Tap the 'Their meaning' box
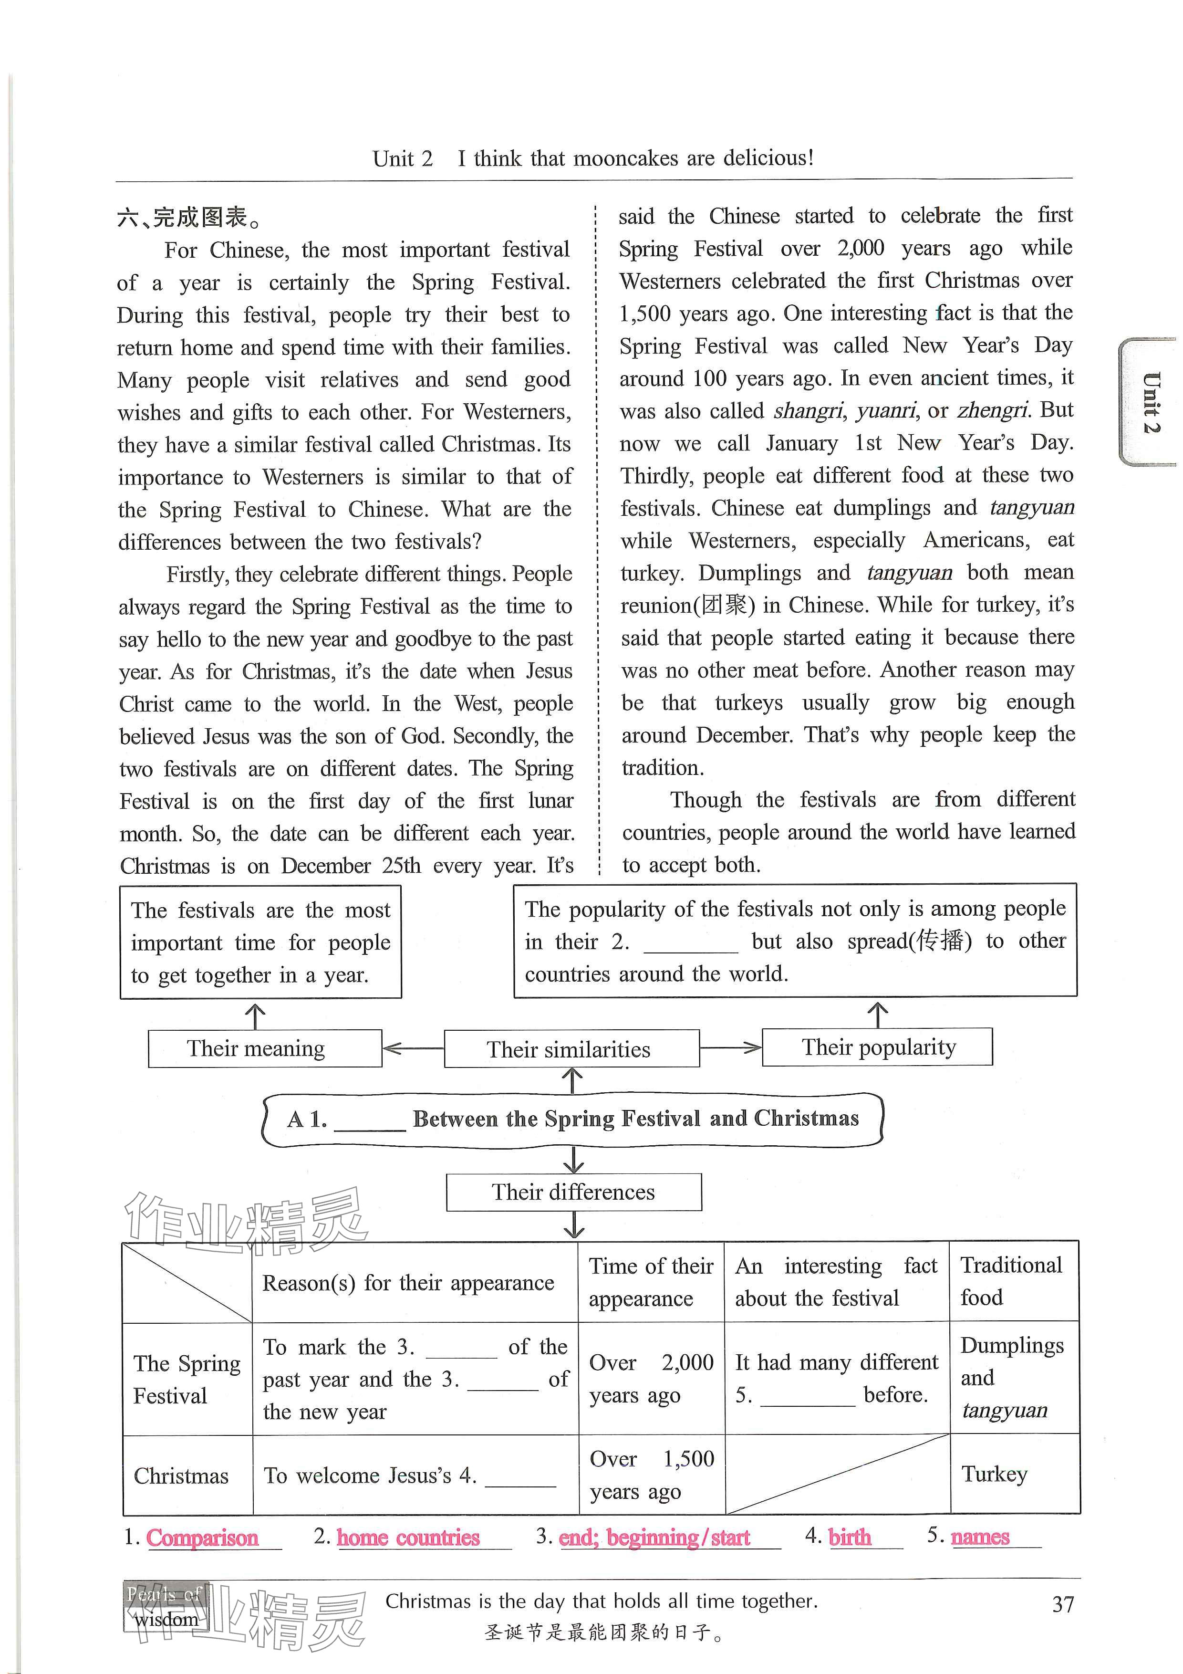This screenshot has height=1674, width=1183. pyautogui.click(x=265, y=1048)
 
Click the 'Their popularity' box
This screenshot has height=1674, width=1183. pyautogui.click(x=877, y=1047)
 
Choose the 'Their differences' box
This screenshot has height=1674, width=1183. pyautogui.click(x=574, y=1192)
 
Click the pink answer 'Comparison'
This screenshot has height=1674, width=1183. pyautogui.click(x=202, y=1537)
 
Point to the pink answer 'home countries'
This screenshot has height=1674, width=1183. pyautogui.click(x=408, y=1537)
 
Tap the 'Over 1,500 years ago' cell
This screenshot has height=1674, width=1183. pyautogui.click(x=652, y=1474)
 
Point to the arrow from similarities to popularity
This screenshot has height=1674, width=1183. pyautogui.click(x=730, y=1048)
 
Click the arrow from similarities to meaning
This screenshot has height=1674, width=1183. pyautogui.click(x=413, y=1048)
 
